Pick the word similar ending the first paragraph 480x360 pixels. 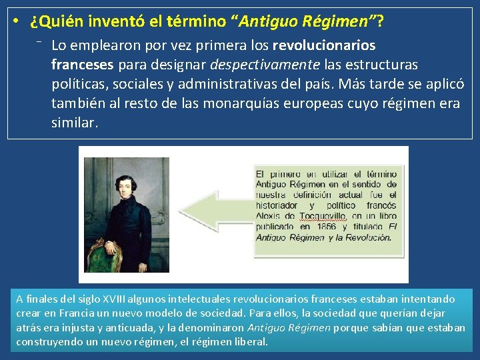(x=74, y=123)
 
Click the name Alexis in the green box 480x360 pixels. (x=270, y=216)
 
